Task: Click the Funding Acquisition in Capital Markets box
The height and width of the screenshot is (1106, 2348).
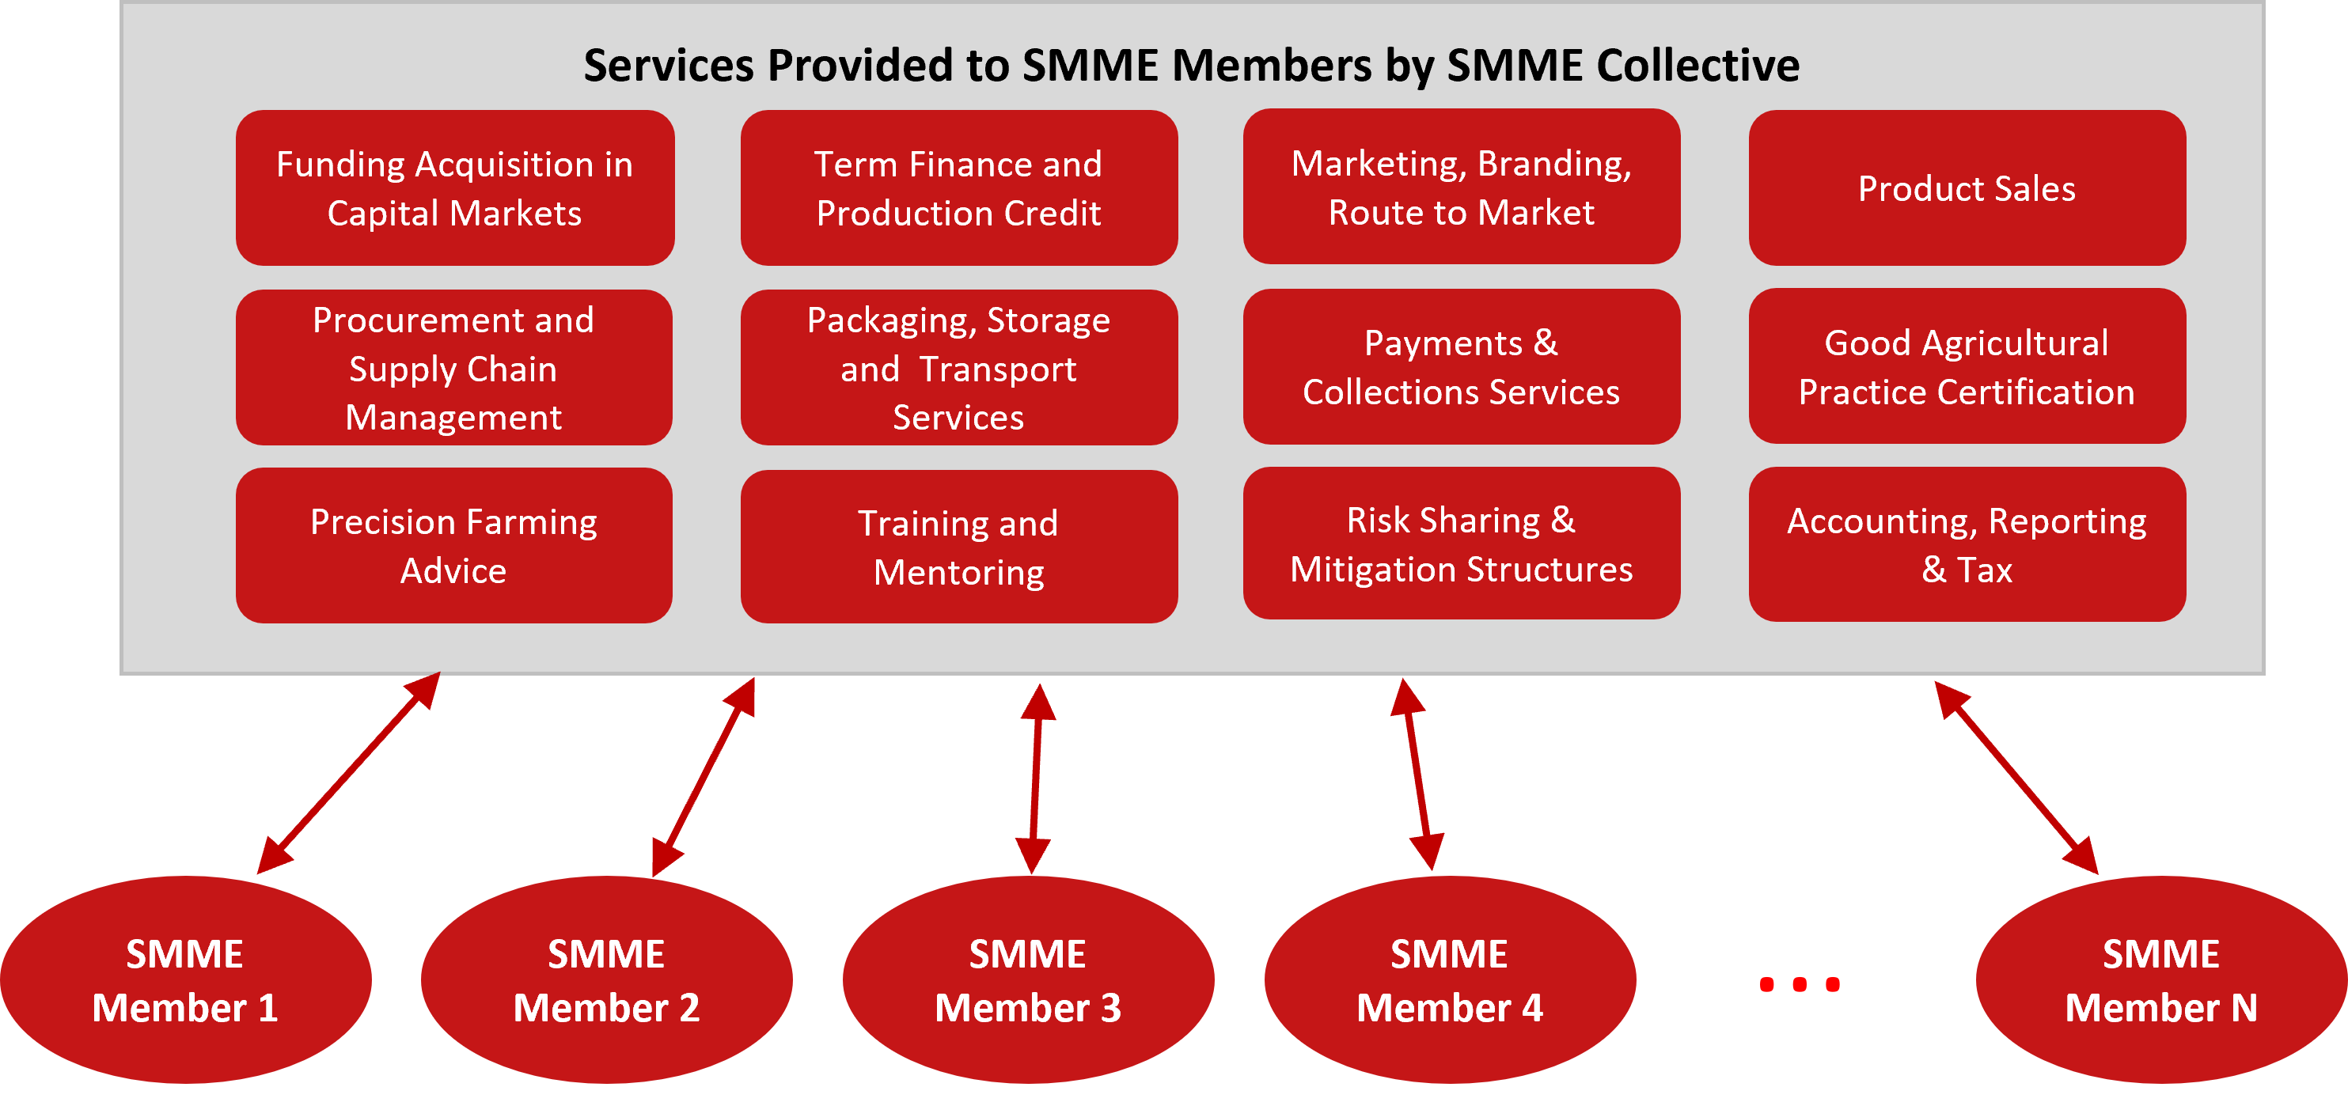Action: click(x=455, y=187)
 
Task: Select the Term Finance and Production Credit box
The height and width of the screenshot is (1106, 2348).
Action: click(x=959, y=187)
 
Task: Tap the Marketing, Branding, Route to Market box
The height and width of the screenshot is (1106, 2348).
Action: click(x=1461, y=187)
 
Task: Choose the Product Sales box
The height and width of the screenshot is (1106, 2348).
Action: click(x=1967, y=187)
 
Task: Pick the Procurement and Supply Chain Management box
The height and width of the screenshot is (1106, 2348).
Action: click(x=454, y=367)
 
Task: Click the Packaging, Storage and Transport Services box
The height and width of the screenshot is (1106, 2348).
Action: click(x=959, y=367)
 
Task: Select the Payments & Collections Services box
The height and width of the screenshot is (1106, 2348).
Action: click(x=1461, y=366)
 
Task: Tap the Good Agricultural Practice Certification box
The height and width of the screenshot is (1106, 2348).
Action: click(x=1967, y=366)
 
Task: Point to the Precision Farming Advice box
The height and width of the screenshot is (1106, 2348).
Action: click(x=454, y=545)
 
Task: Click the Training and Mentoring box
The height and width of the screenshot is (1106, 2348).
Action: click(x=959, y=547)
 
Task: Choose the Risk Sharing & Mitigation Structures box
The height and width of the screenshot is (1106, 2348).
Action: click(x=1461, y=543)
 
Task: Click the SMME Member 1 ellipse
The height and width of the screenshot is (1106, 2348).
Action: click(x=185, y=979)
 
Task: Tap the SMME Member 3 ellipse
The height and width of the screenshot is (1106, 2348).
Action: click(x=1028, y=979)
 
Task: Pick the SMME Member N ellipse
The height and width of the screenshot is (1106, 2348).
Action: click(x=2161, y=979)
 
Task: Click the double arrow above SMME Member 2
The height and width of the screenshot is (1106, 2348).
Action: click(x=703, y=777)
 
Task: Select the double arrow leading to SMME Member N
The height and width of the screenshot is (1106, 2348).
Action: click(x=2016, y=777)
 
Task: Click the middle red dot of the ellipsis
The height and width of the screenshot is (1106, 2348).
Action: click(x=1800, y=984)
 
